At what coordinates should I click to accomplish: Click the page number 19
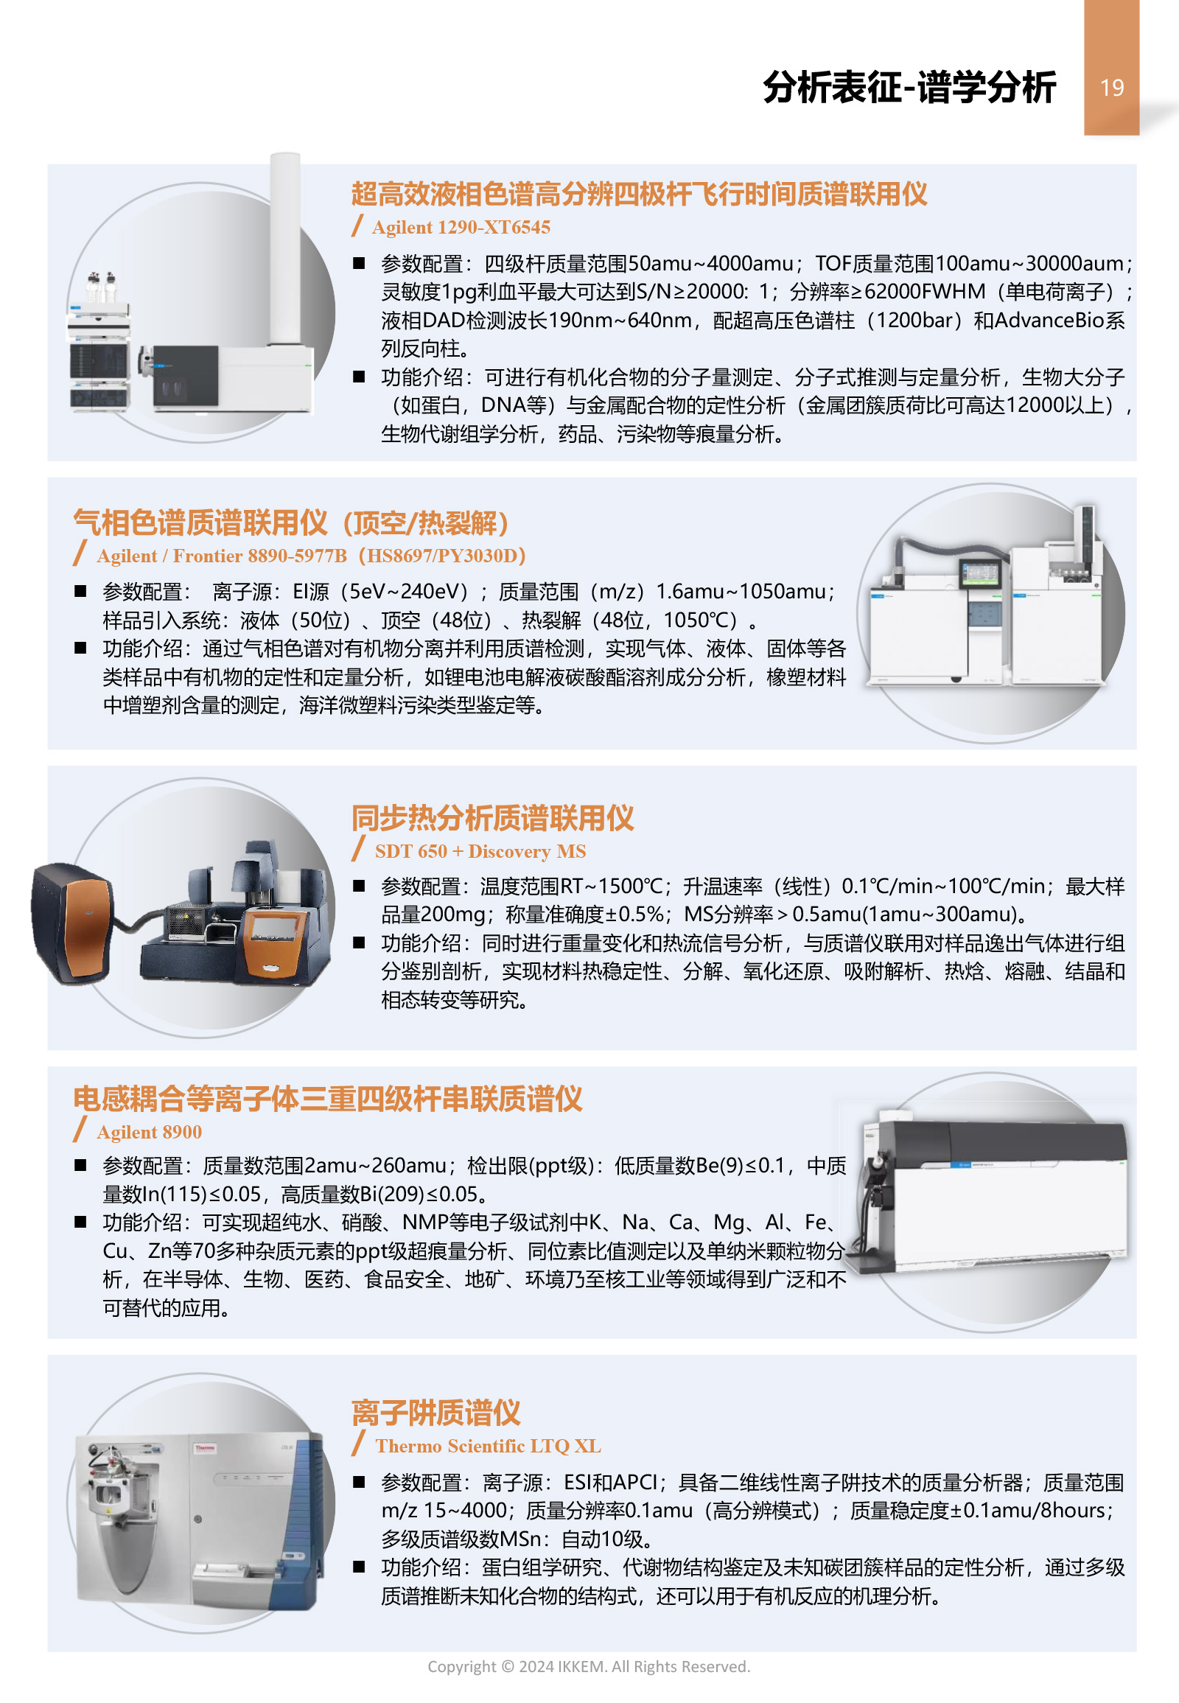(x=1111, y=88)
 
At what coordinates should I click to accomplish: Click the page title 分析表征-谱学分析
(x=909, y=87)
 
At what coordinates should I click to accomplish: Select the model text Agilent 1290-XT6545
(x=461, y=228)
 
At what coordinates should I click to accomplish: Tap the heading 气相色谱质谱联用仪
(x=200, y=523)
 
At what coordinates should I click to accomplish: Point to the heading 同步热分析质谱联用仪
(x=493, y=818)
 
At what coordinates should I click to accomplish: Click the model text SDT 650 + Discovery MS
(x=480, y=851)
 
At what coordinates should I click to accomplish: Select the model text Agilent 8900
(x=150, y=1132)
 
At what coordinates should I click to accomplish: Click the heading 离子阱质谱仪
(x=435, y=1413)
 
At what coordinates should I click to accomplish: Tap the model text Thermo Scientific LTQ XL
(x=489, y=1446)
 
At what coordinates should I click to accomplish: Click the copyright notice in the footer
(x=589, y=1666)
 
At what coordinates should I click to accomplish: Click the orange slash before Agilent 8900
(x=80, y=1130)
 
